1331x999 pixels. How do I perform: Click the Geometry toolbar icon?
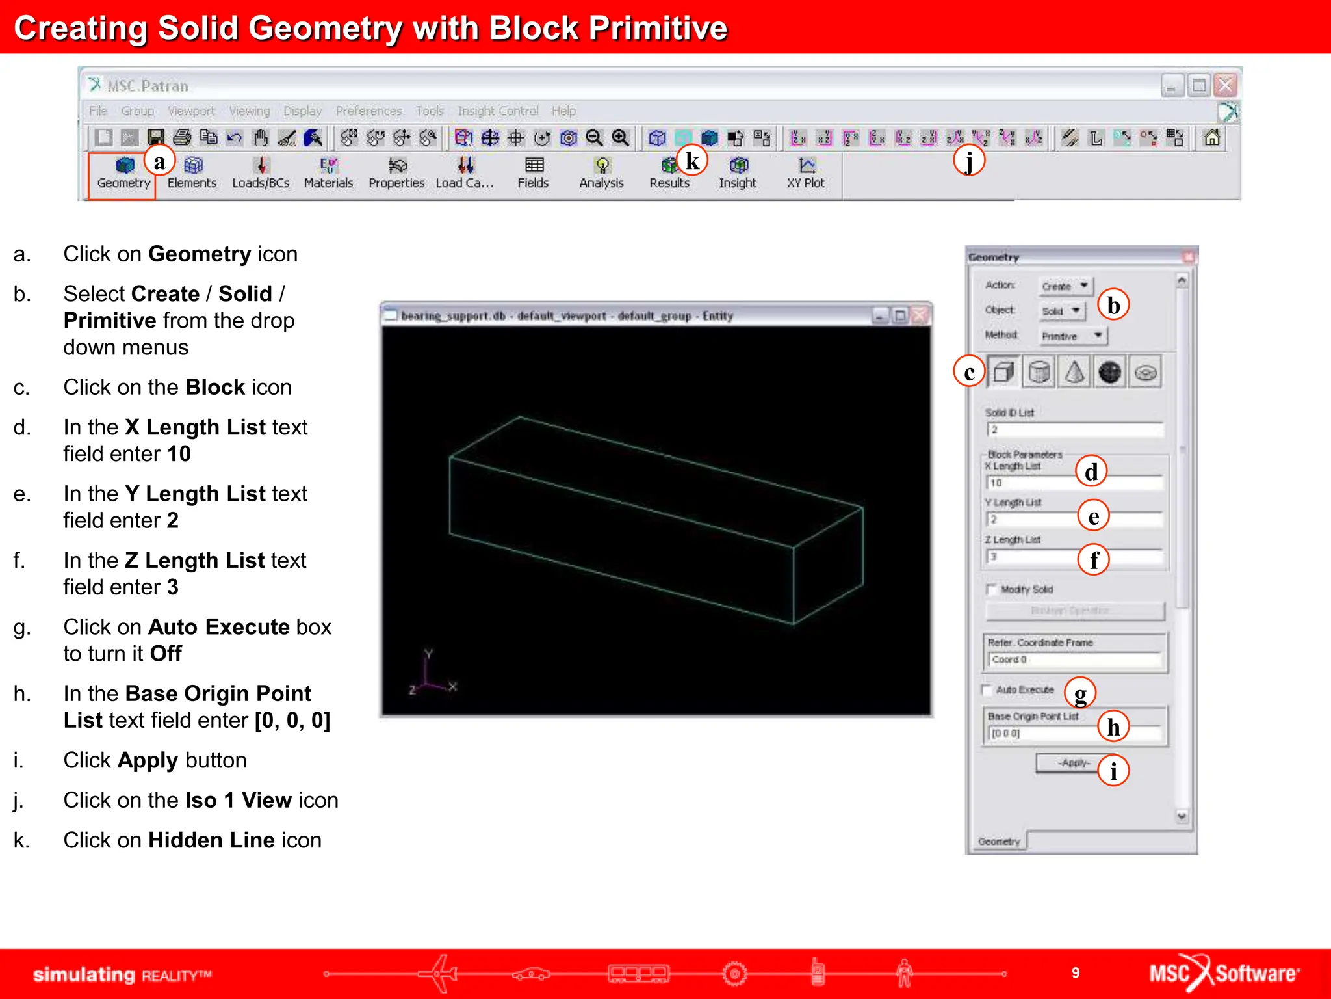click(x=123, y=173)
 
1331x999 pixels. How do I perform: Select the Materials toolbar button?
click(x=328, y=173)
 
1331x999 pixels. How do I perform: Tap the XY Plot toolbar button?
click(x=806, y=173)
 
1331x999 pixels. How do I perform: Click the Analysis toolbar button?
click(x=601, y=173)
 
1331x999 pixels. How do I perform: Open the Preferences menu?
click(x=368, y=111)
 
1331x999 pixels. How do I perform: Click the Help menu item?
click(x=563, y=111)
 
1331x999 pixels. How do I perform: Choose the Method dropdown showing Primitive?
click(x=1072, y=336)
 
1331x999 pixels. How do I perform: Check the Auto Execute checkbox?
click(x=987, y=689)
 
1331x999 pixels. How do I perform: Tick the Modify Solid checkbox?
click(x=991, y=589)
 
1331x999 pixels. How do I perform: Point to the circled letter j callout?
click(x=969, y=161)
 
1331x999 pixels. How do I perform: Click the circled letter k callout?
click(x=692, y=161)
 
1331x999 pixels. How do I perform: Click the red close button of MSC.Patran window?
click(x=1225, y=85)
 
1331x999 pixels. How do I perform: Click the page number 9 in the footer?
click(x=1076, y=973)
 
